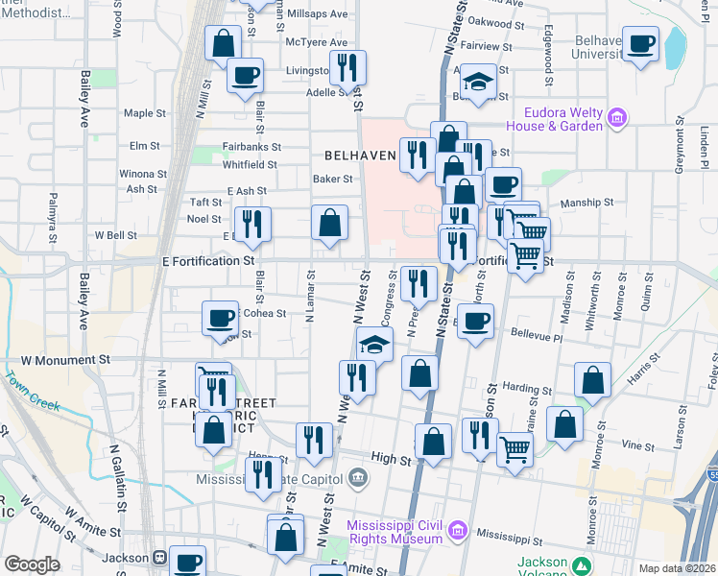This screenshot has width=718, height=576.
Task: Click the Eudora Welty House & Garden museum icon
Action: click(x=617, y=119)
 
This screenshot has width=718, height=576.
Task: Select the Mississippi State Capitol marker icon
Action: click(x=356, y=477)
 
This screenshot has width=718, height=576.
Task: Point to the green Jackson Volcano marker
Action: click(x=580, y=564)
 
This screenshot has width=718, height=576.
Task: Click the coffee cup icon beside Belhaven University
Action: click(x=641, y=41)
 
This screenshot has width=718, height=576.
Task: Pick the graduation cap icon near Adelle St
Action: click(x=477, y=80)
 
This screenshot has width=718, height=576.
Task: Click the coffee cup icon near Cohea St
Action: click(x=221, y=317)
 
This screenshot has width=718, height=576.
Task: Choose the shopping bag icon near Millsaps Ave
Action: click(x=224, y=42)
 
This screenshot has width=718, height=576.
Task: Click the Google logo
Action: click(x=32, y=564)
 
